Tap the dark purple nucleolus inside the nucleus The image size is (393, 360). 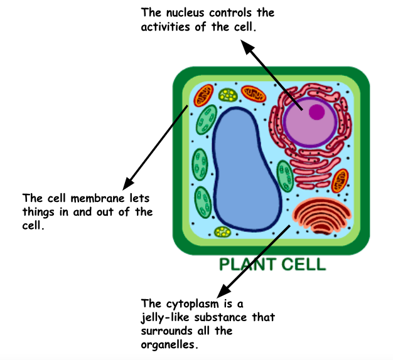(316, 112)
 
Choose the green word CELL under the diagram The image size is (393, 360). (305, 264)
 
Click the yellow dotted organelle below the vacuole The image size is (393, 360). (223, 232)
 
